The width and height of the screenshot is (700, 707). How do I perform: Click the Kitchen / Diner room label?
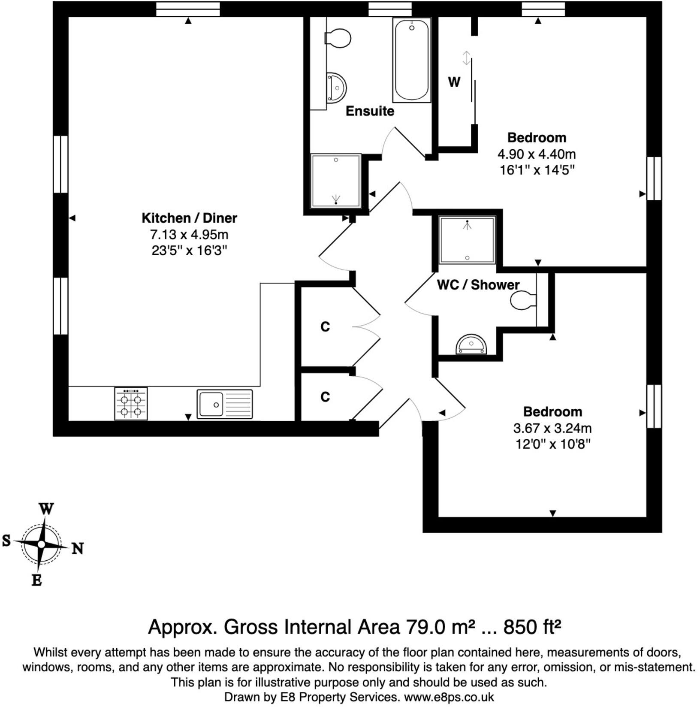coord(189,218)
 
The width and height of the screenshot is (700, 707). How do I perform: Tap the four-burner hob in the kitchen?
coord(131,404)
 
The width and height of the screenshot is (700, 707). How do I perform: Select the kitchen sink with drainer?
coord(225,404)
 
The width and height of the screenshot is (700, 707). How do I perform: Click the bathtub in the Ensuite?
coord(412,60)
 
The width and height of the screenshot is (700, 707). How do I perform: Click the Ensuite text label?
coord(370,111)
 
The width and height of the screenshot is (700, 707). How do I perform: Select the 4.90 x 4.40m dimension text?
coord(537,154)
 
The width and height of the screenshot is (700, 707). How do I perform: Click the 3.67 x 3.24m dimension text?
coord(552,428)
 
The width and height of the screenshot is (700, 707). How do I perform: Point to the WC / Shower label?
coord(478,284)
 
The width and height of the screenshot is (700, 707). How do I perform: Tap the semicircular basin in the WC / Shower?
coord(471,344)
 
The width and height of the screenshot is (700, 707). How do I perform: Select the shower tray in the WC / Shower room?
coord(467,239)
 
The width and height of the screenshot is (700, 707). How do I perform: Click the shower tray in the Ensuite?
coord(336,181)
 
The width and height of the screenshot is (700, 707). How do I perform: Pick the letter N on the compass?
coord(77,548)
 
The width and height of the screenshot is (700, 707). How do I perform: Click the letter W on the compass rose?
coord(46,509)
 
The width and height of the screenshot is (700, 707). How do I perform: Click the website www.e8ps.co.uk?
coord(449,697)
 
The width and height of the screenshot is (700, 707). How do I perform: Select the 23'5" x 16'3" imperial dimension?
coord(189,250)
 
